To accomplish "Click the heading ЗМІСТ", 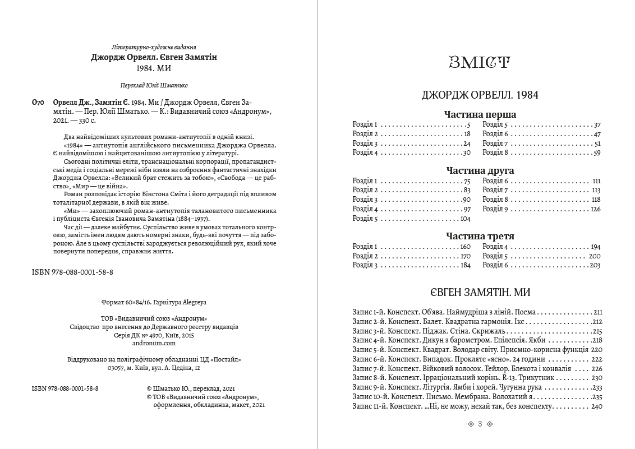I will (x=480, y=62).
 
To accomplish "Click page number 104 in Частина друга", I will (x=465, y=219).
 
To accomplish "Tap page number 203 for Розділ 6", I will (x=595, y=265).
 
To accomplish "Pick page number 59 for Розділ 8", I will (x=597, y=152).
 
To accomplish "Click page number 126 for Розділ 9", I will (x=595, y=209).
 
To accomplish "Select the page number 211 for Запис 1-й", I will (x=597, y=312).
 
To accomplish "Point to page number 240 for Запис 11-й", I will (x=596, y=406).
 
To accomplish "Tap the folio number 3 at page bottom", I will (x=480, y=424).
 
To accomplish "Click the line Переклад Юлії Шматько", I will (x=154, y=85).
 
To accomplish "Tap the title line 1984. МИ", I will (x=154, y=68).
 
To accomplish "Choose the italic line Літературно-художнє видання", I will (x=154, y=47).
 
